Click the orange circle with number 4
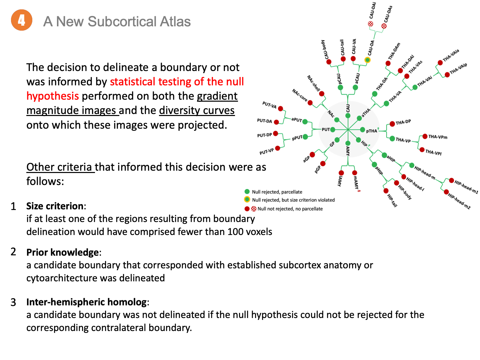click(x=22, y=20)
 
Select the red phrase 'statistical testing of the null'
click(x=177, y=82)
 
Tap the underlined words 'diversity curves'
click(x=197, y=110)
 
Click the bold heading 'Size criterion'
click(x=55, y=206)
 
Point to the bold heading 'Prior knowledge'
click(x=62, y=252)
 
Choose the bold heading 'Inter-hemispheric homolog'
click(x=86, y=302)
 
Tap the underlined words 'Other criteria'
click(x=59, y=167)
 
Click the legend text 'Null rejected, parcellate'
click(x=277, y=192)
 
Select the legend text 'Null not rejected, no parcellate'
click(x=290, y=209)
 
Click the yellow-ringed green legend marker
click(x=247, y=200)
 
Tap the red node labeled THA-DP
click(x=392, y=124)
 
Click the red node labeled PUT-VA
click(x=281, y=109)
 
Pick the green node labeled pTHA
click(x=363, y=130)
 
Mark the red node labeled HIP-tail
click(x=386, y=191)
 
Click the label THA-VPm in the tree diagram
click(x=438, y=137)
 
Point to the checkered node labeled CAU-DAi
click(x=370, y=24)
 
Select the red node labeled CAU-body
click(x=329, y=62)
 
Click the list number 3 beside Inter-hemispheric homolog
click(x=13, y=302)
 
